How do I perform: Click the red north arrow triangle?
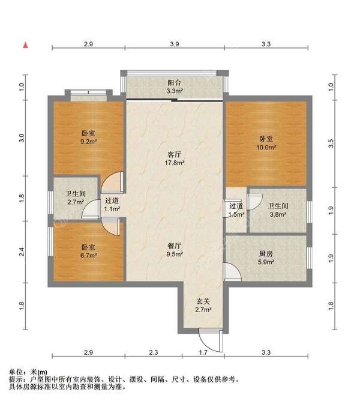pos(25,45)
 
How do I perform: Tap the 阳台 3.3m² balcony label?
pos(175,86)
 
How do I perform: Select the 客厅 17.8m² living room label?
pos(175,158)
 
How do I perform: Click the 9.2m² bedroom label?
pos(88,137)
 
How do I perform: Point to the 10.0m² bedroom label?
pos(266,143)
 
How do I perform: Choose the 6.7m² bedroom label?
pos(88,252)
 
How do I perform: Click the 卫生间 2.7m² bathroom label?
pos(76,197)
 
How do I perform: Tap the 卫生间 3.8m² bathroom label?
pos(278,210)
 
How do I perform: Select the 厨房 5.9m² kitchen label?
pos(266,258)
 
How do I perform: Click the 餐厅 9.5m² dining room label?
pos(175,250)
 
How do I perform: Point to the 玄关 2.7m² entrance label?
pos(203,306)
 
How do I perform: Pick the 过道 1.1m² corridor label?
pos(112,205)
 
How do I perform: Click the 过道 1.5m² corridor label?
pos(236,210)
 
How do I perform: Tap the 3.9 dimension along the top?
pos(175,44)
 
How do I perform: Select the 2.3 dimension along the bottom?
pos(154,352)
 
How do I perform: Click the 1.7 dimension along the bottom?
pos(203,352)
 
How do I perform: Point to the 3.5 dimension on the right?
pos(331,143)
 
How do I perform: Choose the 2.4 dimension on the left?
pos(22,252)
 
